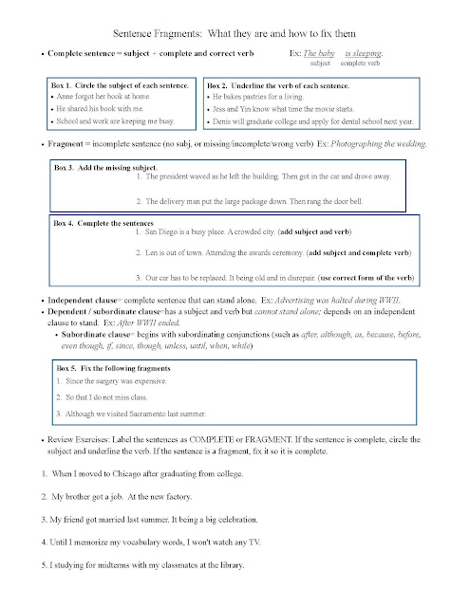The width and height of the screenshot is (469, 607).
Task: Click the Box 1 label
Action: pyautogui.click(x=62, y=84)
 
